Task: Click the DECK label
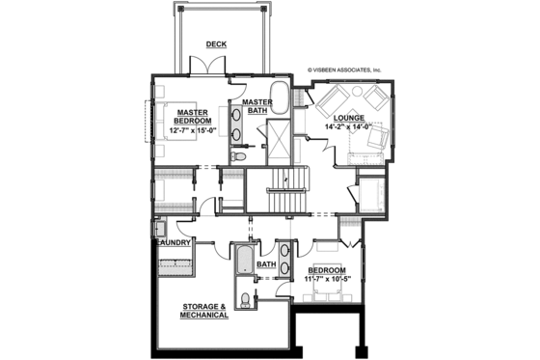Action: coord(215,44)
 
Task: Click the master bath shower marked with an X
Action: coord(281,135)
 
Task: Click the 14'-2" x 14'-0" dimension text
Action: coord(350,125)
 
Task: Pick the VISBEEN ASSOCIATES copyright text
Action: coord(344,70)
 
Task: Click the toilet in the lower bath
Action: coord(246,300)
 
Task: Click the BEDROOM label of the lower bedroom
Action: coord(326,269)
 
